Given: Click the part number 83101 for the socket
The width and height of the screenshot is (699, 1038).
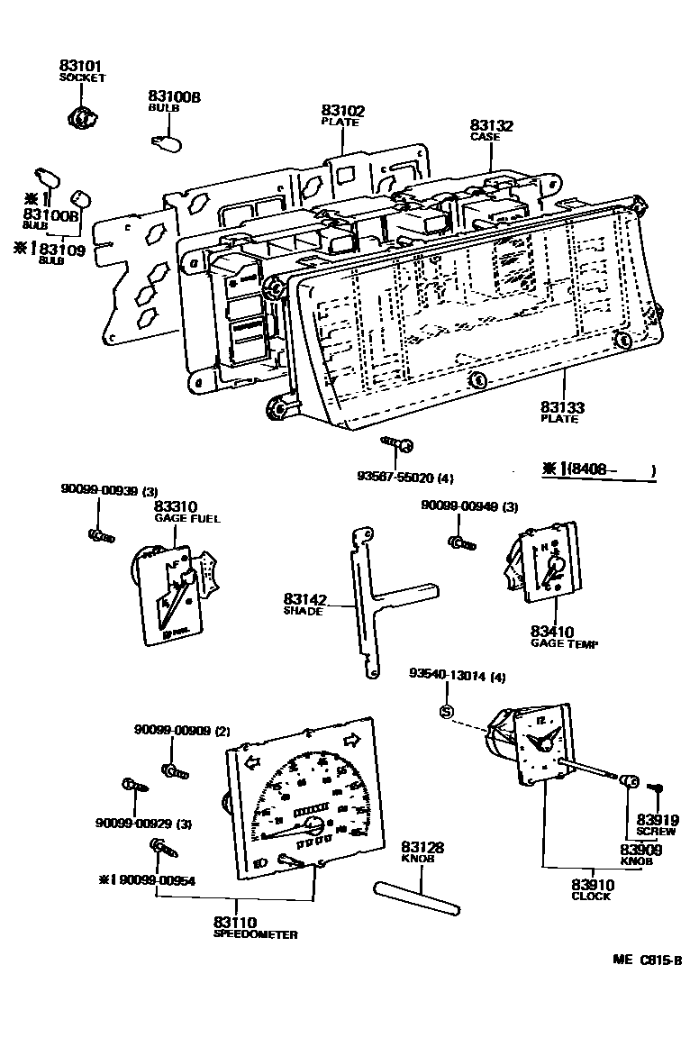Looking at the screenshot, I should pyautogui.click(x=82, y=66).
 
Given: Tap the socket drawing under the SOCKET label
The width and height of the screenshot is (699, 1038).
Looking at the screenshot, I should pyautogui.click(x=81, y=116).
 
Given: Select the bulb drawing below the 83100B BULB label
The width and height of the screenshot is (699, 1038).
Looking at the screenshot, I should pyautogui.click(x=167, y=141).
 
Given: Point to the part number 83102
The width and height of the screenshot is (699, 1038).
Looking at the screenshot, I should pyautogui.click(x=343, y=111).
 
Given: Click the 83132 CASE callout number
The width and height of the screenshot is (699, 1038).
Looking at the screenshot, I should pyautogui.click(x=491, y=126).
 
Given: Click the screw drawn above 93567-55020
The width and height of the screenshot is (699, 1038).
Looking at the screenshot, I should pyautogui.click(x=397, y=443).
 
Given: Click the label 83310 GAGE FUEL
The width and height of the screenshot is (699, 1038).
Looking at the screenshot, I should pyautogui.click(x=176, y=508).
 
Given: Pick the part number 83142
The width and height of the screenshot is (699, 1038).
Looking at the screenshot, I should pyautogui.click(x=304, y=599).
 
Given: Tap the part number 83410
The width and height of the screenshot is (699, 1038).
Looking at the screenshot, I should pyautogui.click(x=552, y=633).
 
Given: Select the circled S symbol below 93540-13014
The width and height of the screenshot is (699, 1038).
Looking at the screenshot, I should pyautogui.click(x=445, y=712).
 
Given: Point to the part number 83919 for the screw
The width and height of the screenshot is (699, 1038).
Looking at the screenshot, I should pyautogui.click(x=657, y=820).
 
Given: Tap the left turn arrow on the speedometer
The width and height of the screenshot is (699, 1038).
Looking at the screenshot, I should pyautogui.click(x=252, y=762).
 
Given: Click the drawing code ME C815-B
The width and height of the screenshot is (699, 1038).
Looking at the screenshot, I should pyautogui.click(x=648, y=961).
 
